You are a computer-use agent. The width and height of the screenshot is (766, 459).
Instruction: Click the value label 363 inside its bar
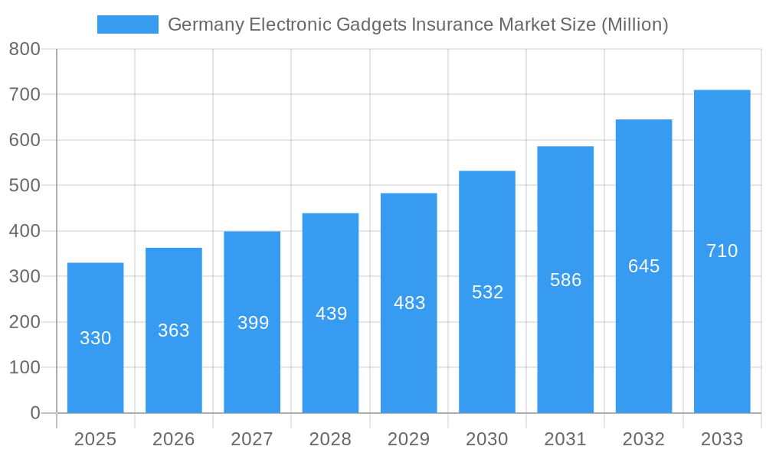coord(174,330)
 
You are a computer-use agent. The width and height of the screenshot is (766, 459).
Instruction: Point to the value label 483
coord(409,303)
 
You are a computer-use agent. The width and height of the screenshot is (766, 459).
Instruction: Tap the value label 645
coord(643,266)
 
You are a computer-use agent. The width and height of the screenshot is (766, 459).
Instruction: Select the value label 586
coord(565,280)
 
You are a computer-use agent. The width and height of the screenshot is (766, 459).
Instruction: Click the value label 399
coord(253,323)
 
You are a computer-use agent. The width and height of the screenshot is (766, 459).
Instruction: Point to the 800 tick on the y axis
coord(25,50)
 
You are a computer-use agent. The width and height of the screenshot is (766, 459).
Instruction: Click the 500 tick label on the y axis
coord(25,186)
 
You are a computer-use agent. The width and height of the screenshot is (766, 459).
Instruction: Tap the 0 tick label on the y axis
coord(34,413)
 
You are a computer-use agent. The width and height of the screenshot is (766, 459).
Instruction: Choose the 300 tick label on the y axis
coord(25,277)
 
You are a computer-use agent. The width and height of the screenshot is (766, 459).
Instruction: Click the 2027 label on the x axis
coord(252,439)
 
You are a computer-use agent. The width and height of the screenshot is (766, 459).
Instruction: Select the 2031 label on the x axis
coord(565,439)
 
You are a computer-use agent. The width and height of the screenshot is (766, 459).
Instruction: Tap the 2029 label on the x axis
coord(408,439)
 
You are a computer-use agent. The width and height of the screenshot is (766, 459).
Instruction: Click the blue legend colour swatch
coord(127,24)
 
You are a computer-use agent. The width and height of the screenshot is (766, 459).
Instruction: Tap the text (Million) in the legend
coord(635,24)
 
